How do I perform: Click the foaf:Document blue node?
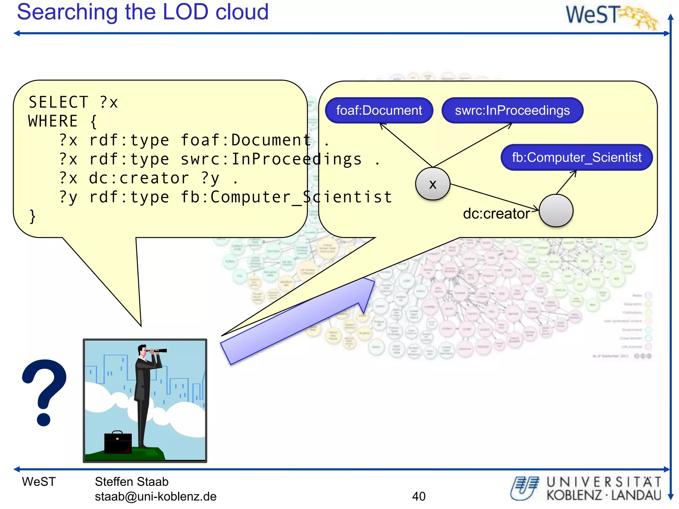(x=379, y=110)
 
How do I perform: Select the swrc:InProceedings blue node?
(x=512, y=110)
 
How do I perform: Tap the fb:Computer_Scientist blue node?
(x=577, y=157)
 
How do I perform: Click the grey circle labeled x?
(x=433, y=184)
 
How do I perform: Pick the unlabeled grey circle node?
(x=556, y=211)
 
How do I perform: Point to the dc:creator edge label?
(x=496, y=214)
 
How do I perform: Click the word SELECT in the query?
(x=58, y=102)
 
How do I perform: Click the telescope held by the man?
(x=158, y=350)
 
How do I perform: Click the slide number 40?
(x=419, y=496)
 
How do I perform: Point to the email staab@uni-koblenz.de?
(x=155, y=496)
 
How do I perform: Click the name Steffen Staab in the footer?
(x=132, y=481)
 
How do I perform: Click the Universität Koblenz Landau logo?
(x=586, y=488)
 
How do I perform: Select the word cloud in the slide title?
(x=242, y=12)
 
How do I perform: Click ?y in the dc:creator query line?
(x=210, y=178)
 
